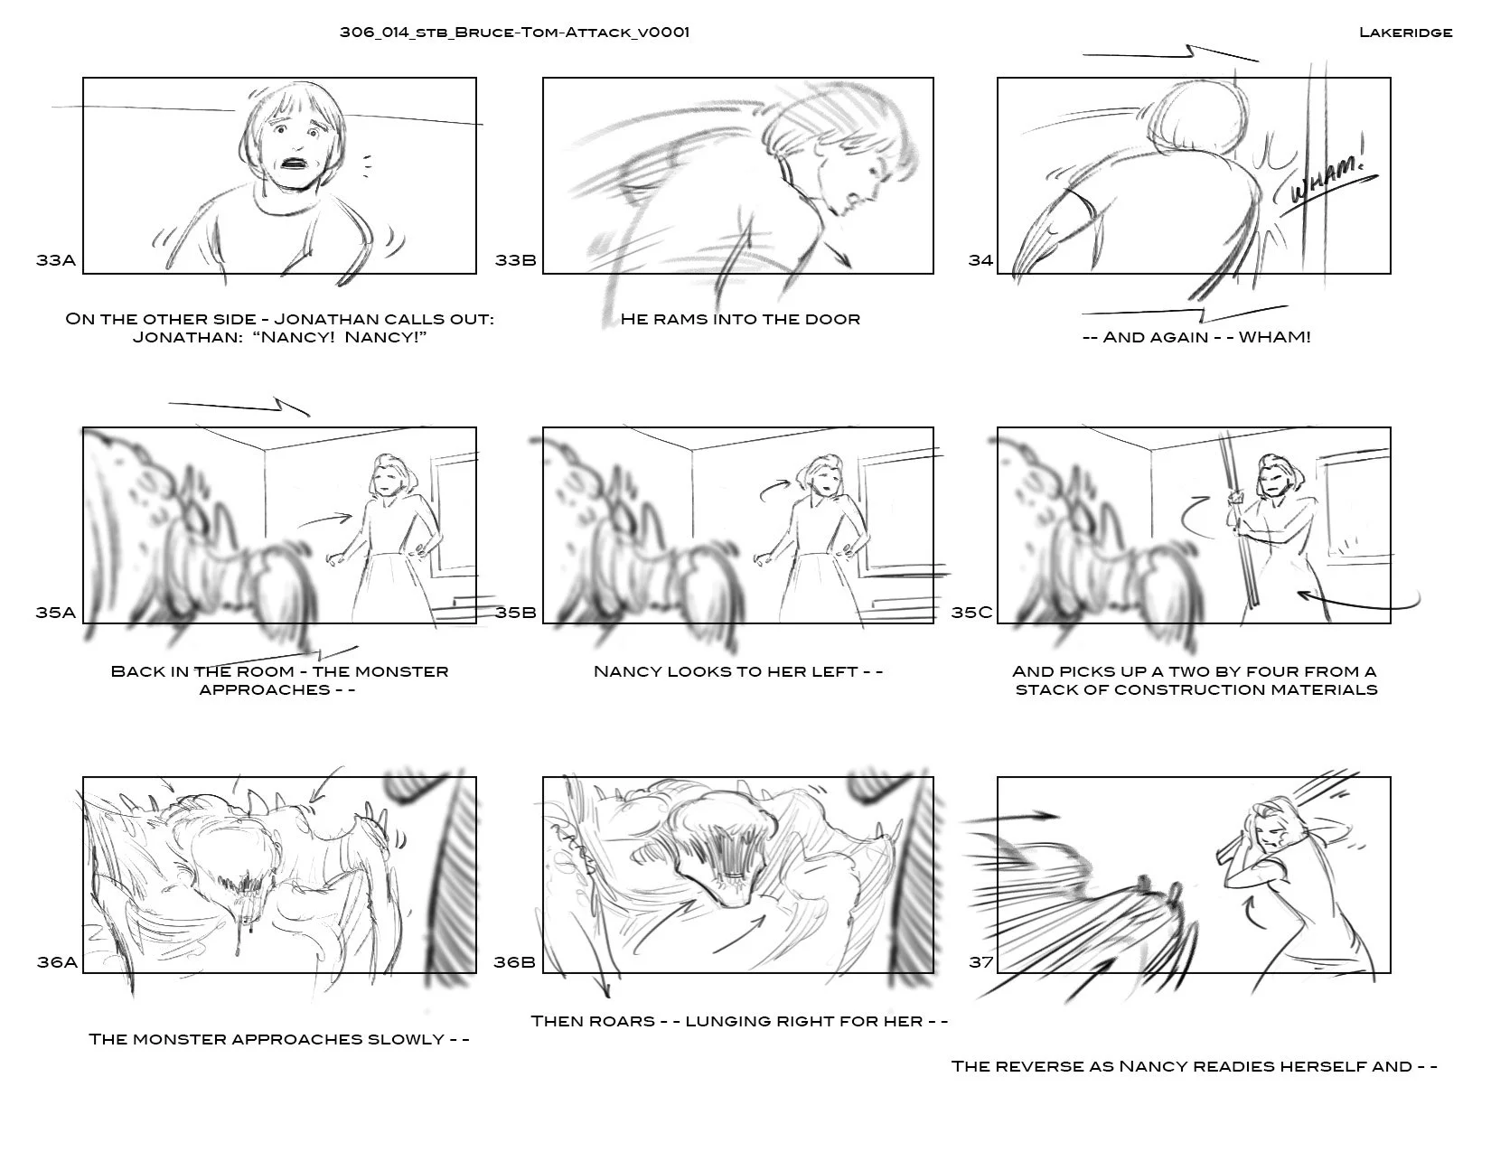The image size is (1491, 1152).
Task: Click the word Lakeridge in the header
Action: tap(1405, 33)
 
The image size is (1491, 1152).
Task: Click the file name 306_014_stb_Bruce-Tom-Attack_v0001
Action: tap(514, 33)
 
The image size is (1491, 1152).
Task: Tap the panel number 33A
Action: tap(56, 260)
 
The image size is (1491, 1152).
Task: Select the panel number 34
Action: tap(980, 260)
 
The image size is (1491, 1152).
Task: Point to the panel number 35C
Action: tap(971, 612)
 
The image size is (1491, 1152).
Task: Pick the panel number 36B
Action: tap(514, 962)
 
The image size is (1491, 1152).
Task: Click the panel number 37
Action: tap(981, 962)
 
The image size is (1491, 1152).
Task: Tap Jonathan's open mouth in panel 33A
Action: tap(295, 164)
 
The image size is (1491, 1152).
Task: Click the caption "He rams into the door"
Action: tap(740, 319)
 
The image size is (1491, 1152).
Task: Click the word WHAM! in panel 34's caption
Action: tap(1274, 337)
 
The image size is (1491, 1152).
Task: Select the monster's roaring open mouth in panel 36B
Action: tap(733, 867)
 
